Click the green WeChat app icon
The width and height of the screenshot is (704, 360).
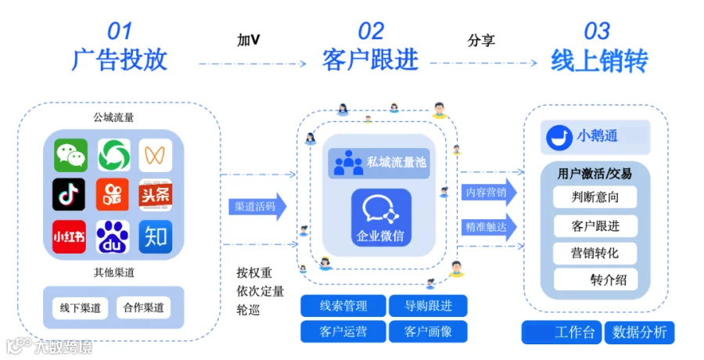coord(70,155)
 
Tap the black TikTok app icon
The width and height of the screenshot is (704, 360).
coord(69,195)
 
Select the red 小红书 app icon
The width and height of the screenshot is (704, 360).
coord(69,236)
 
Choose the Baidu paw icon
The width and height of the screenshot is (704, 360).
coord(113,236)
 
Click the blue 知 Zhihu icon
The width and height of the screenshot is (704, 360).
coord(156,236)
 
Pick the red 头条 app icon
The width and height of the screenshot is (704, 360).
coord(156,195)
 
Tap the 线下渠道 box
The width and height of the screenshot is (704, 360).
coord(80,308)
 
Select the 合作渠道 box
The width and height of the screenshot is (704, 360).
coord(143,308)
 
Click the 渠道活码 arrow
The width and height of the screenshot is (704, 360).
coord(257,207)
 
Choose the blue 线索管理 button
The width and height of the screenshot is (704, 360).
coord(343,305)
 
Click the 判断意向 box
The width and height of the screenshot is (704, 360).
coord(595,196)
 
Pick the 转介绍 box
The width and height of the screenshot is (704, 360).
coord(595,279)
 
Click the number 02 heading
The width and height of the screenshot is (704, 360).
coord(371,31)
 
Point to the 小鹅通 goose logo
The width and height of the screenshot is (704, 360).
coord(558,136)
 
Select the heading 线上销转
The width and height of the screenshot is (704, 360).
coord(598,60)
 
